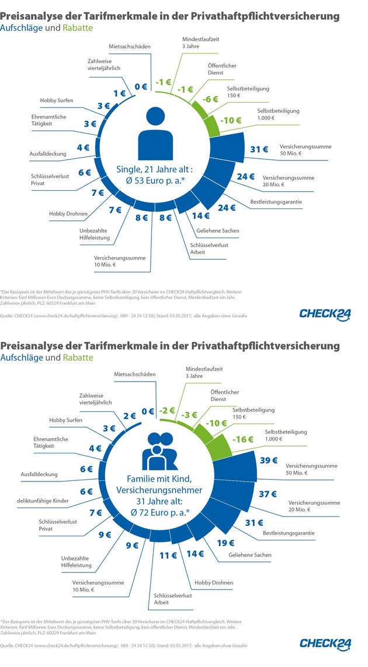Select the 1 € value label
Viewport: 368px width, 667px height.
pyautogui.click(x=119, y=93)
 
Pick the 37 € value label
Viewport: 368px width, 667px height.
pyautogui.click(x=268, y=494)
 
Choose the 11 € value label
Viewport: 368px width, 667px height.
pyautogui.click(x=167, y=556)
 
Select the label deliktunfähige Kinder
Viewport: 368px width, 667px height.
pyautogui.click(x=43, y=501)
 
